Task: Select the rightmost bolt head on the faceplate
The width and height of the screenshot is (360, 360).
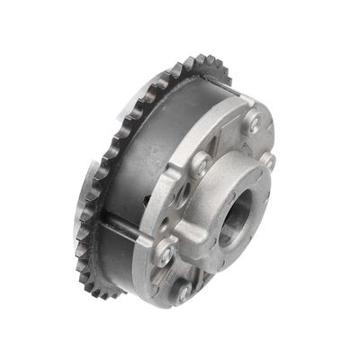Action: point(268,161)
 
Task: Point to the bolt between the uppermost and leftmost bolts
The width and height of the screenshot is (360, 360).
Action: point(202,164)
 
